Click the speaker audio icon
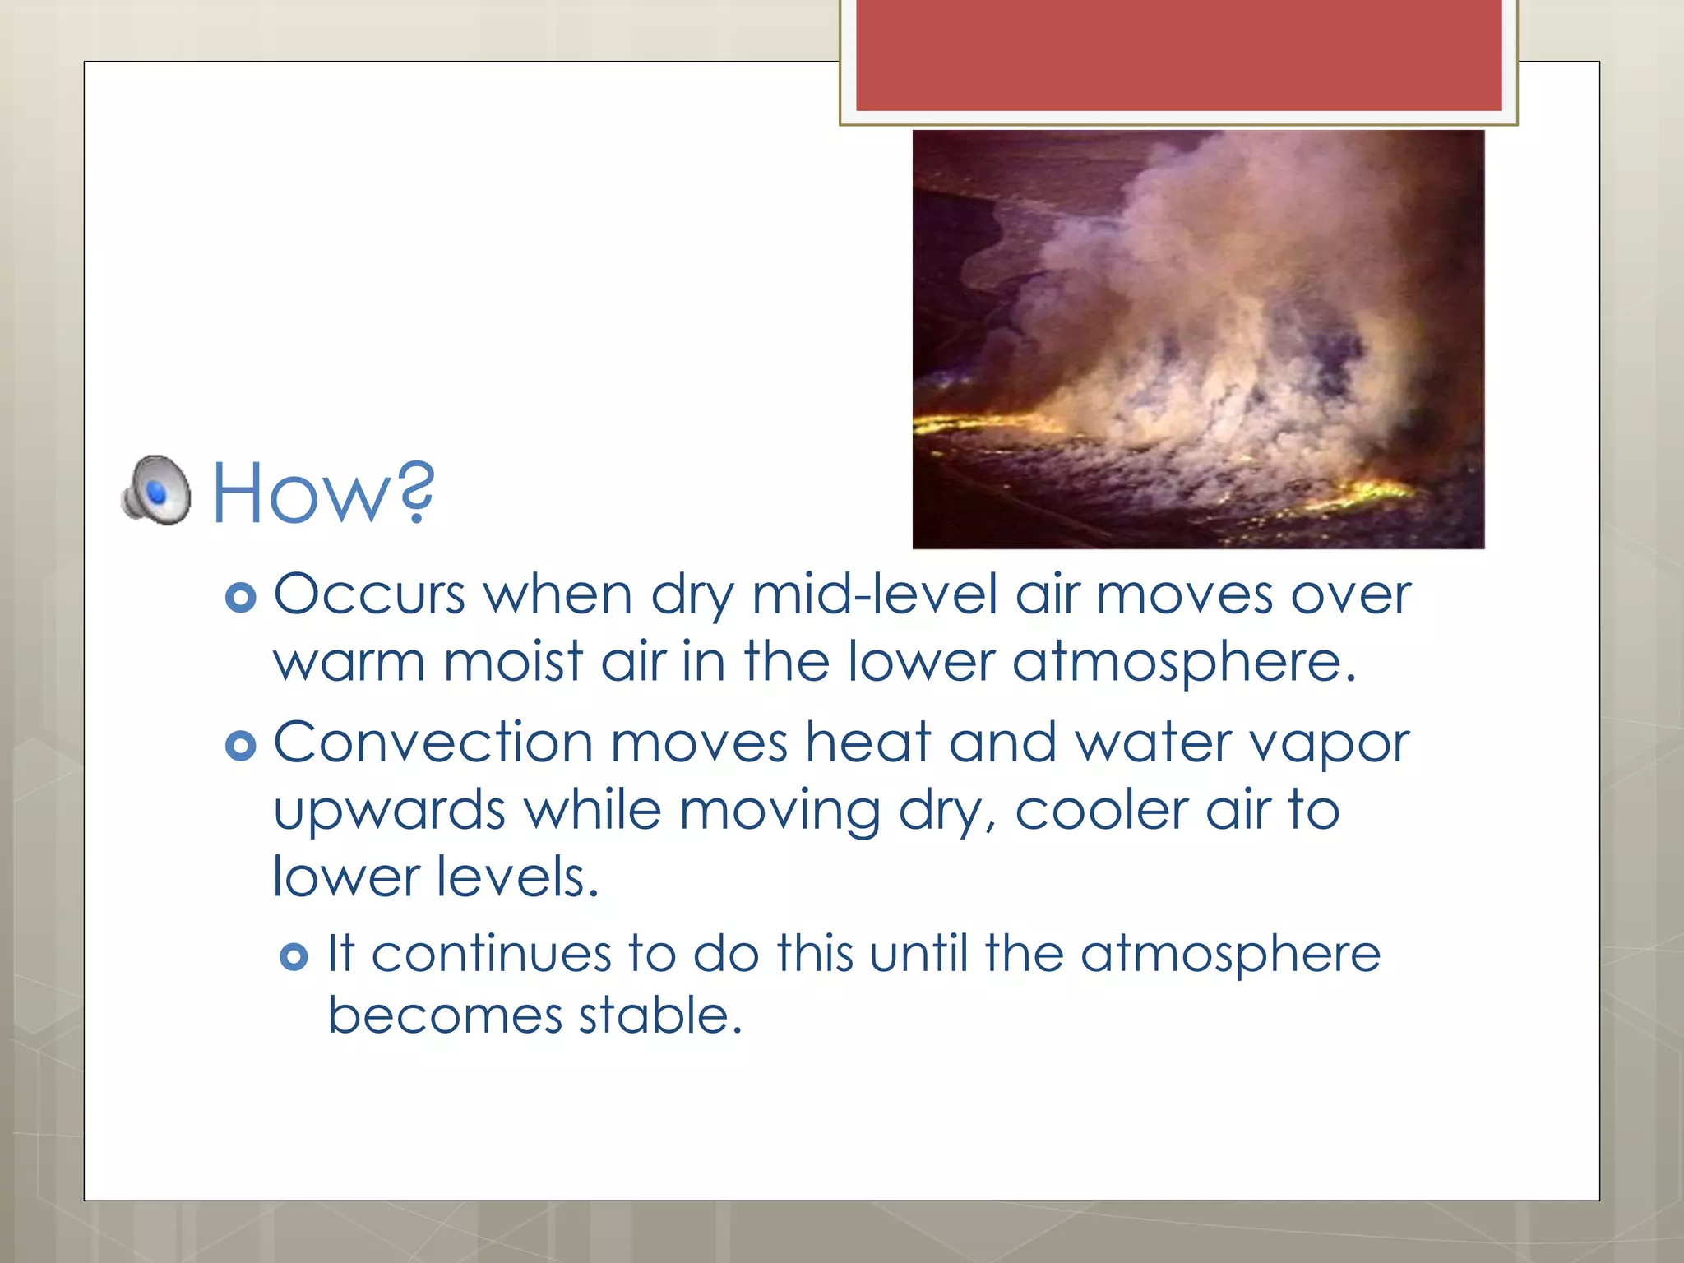pyautogui.click(x=156, y=490)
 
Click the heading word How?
pyautogui.click(x=323, y=494)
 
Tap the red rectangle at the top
pyautogui.click(x=1178, y=54)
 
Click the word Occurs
pyautogui.click(x=369, y=594)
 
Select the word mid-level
pyautogui.click(x=874, y=594)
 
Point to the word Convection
pyautogui.click(x=433, y=743)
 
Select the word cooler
pyautogui.click(x=1101, y=811)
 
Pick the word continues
pyautogui.click(x=491, y=955)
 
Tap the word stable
pyautogui.click(x=659, y=1015)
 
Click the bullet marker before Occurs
pyautogui.click(x=240, y=598)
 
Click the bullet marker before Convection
pyautogui.click(x=240, y=747)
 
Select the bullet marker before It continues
pyautogui.click(x=294, y=957)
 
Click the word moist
pyautogui.click(x=513, y=663)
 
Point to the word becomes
pyautogui.click(x=445, y=1015)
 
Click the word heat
pyautogui.click(x=867, y=743)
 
